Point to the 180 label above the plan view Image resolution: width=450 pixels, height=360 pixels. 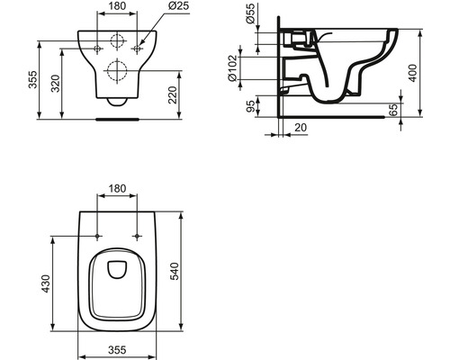[x=118, y=190]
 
